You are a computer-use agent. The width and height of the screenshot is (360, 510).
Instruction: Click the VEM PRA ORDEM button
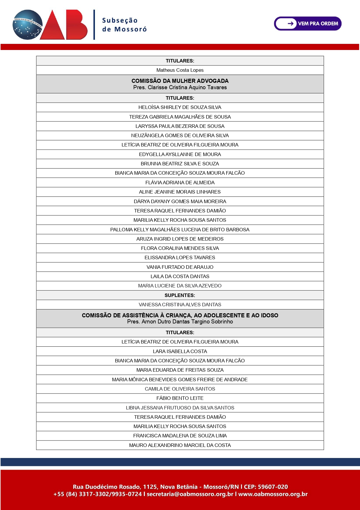pyautogui.click(x=308, y=24)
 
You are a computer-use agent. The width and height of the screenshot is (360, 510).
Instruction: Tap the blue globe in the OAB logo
pyautogui.click(x=27, y=25)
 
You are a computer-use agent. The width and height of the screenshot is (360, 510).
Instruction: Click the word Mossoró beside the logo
pyautogui.click(x=130, y=29)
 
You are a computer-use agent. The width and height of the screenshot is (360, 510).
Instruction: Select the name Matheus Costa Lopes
pyautogui.click(x=180, y=70)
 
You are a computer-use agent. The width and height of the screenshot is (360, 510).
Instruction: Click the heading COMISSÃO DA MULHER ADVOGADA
pyautogui.click(x=180, y=81)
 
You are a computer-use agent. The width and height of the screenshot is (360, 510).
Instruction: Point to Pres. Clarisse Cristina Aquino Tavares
pyautogui.click(x=180, y=87)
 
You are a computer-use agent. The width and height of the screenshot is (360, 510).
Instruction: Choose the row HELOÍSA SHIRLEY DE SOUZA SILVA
pyautogui.click(x=180, y=107)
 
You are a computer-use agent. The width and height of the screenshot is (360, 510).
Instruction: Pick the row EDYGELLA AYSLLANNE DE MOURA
pyautogui.click(x=180, y=154)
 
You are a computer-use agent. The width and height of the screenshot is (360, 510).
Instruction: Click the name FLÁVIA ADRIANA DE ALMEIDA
pyautogui.click(x=180, y=182)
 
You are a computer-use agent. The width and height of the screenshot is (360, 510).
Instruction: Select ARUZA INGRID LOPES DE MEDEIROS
pyautogui.click(x=180, y=239)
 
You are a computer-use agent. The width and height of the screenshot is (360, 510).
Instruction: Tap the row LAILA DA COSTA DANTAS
pyautogui.click(x=180, y=276)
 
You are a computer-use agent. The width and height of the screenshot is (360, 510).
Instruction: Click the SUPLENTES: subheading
pyautogui.click(x=180, y=295)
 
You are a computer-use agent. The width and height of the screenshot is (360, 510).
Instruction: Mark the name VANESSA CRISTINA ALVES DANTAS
pyautogui.click(x=180, y=305)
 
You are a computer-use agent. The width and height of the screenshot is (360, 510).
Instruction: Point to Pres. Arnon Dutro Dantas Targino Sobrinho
pyautogui.click(x=180, y=322)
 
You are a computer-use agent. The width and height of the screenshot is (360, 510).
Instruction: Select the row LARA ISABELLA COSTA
pyautogui.click(x=180, y=351)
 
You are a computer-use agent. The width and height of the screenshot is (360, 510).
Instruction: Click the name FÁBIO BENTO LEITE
pyautogui.click(x=180, y=398)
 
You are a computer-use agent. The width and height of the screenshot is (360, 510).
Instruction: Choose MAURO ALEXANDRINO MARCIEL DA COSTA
pyautogui.click(x=180, y=445)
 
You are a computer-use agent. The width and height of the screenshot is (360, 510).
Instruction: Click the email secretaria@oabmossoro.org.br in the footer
pyautogui.click(x=190, y=494)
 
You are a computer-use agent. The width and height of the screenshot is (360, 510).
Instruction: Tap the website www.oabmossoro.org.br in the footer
pyautogui.click(x=273, y=494)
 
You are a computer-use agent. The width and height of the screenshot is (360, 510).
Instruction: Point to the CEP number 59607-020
pyautogui.click(x=273, y=487)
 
